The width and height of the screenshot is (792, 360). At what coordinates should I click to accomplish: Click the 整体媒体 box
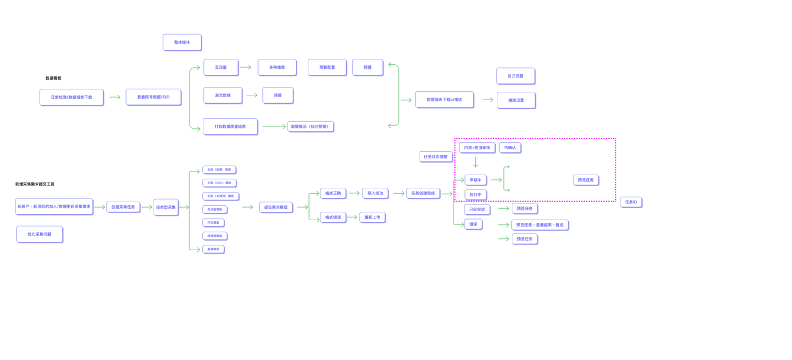click(x=182, y=43)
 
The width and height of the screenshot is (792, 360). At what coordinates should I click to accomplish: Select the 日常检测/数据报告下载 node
click(x=71, y=97)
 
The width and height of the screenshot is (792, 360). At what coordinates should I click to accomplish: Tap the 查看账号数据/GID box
click(x=153, y=97)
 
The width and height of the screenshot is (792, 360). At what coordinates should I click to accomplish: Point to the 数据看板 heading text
click(x=53, y=78)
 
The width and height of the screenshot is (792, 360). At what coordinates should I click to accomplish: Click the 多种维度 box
click(x=277, y=67)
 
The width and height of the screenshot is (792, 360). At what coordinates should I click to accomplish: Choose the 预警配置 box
click(x=327, y=67)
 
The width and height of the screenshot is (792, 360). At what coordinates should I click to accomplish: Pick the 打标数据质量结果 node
click(x=230, y=127)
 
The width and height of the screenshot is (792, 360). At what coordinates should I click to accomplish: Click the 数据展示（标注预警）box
click(x=310, y=127)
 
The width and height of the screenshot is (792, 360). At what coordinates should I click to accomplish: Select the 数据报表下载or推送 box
click(x=444, y=100)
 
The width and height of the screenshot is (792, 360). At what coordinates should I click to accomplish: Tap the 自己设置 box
click(x=515, y=76)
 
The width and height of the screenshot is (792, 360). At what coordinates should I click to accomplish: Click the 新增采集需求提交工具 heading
click(x=35, y=184)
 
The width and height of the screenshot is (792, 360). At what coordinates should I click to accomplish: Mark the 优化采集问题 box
click(x=40, y=234)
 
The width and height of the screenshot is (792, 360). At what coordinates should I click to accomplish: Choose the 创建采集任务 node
click(x=123, y=207)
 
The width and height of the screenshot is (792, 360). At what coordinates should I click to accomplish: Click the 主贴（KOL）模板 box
click(x=219, y=183)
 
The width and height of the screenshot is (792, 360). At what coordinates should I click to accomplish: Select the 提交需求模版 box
click(x=276, y=207)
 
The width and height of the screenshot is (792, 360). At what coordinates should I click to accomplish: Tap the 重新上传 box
click(x=372, y=217)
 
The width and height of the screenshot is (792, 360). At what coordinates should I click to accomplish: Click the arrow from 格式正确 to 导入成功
click(x=354, y=193)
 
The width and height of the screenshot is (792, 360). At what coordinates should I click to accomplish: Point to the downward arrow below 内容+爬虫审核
click(x=476, y=162)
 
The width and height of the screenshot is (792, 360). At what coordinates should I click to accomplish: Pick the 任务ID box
click(x=631, y=202)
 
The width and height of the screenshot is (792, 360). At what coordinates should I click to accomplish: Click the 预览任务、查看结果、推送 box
click(x=539, y=225)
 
